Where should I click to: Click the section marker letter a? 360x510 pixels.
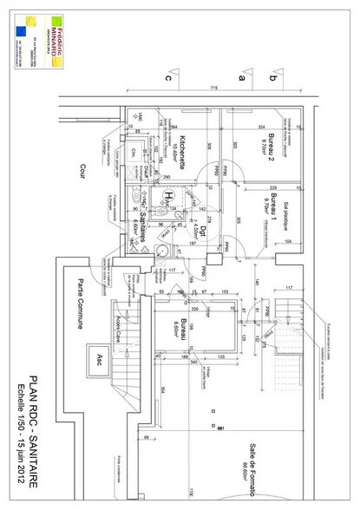coord(242,78)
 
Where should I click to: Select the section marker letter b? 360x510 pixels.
coord(273,78)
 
